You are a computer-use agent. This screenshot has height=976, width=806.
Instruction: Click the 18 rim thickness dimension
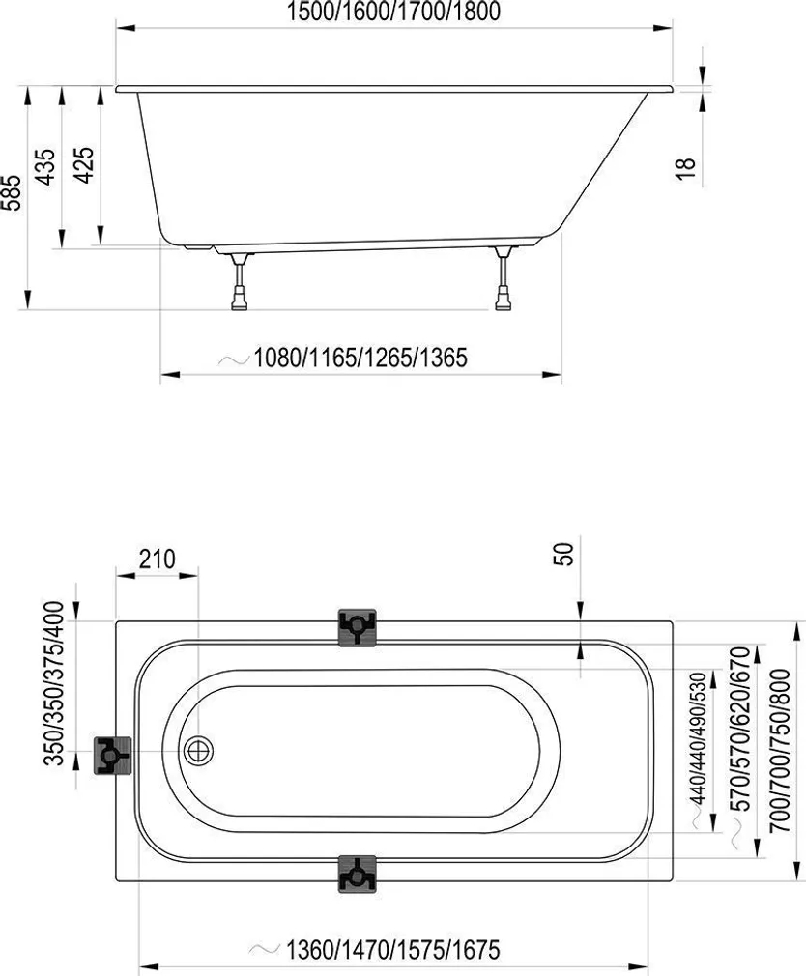(x=685, y=168)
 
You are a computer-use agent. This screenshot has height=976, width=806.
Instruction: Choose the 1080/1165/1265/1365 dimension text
(x=360, y=359)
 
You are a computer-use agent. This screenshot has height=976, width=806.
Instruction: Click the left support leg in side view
(x=239, y=282)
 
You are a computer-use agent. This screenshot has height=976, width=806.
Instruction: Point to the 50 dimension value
(x=565, y=554)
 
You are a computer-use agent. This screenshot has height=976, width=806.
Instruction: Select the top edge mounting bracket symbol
(x=357, y=627)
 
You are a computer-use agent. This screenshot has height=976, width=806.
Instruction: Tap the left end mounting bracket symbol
(x=112, y=754)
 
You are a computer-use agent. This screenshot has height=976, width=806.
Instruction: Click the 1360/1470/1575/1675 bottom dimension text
(x=392, y=950)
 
